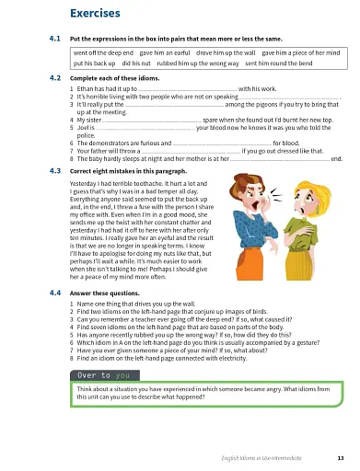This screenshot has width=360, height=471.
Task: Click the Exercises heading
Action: tap(97, 13)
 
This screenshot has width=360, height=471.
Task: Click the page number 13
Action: tap(340, 457)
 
